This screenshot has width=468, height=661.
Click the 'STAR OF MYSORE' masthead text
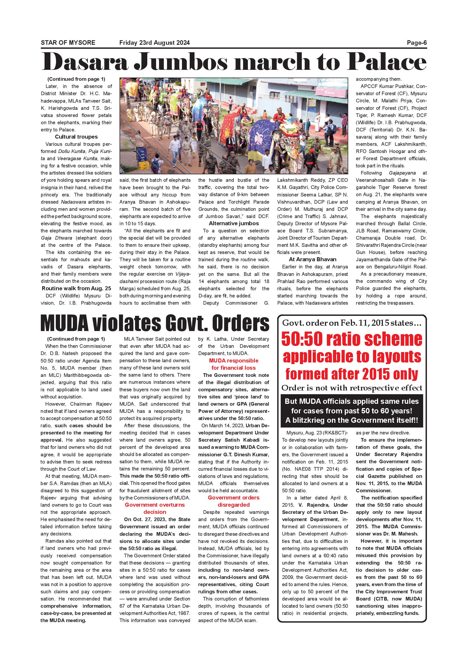68,43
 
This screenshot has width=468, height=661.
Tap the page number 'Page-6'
417,43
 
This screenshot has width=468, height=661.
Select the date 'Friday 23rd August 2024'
154,43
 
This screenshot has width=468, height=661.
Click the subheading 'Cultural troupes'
76,137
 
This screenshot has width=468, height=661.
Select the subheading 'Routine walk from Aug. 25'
76,288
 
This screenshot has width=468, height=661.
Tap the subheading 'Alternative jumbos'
234,223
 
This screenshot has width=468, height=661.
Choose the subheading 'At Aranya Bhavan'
312,259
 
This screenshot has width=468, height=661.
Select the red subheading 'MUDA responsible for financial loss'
234,364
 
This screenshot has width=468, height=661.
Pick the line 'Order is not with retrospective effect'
352,388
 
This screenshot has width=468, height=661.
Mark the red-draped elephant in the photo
231,124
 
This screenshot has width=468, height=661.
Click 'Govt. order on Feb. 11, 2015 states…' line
352,323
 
